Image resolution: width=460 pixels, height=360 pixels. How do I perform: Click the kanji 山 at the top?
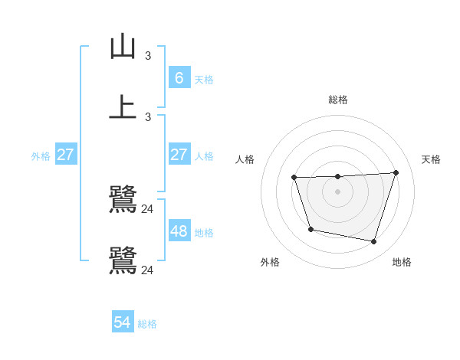pyautogui.click(x=123, y=47)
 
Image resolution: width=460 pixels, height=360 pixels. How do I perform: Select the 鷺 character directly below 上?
pyautogui.click(x=123, y=199)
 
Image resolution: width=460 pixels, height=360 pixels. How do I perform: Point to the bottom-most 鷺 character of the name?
pyautogui.click(x=123, y=260)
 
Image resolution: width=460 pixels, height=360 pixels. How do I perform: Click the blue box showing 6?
pyautogui.click(x=179, y=77)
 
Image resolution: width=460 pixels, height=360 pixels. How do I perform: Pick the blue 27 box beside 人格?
pyautogui.click(x=179, y=155)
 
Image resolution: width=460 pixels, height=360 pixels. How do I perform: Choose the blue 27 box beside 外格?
pyautogui.click(x=65, y=155)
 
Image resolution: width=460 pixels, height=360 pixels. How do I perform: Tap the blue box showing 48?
pyautogui.click(x=179, y=231)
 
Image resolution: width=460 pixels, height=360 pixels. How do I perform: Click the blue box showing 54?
pyautogui.click(x=123, y=322)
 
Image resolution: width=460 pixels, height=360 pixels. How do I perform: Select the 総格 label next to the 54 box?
pyautogui.click(x=147, y=324)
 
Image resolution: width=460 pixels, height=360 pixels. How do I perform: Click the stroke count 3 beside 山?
pyautogui.click(x=148, y=56)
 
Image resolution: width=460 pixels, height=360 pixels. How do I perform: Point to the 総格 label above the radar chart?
pyautogui.click(x=337, y=100)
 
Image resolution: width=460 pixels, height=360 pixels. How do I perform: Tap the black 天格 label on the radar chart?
pyautogui.click(x=431, y=159)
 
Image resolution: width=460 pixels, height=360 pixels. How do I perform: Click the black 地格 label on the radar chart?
pyautogui.click(x=402, y=262)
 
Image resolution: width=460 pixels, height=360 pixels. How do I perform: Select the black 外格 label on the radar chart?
pyautogui.click(x=270, y=262)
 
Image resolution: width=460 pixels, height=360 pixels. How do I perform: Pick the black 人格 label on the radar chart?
pyautogui.click(x=245, y=159)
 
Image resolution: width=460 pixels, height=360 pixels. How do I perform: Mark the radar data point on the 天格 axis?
pyautogui.click(x=396, y=172)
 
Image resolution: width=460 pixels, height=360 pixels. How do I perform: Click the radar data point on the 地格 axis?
pyautogui.click(x=374, y=242)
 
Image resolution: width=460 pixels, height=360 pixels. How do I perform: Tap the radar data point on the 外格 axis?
pyautogui.click(x=310, y=229)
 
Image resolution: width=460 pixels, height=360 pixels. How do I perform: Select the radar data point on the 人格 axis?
pyautogui.click(x=294, y=178)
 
